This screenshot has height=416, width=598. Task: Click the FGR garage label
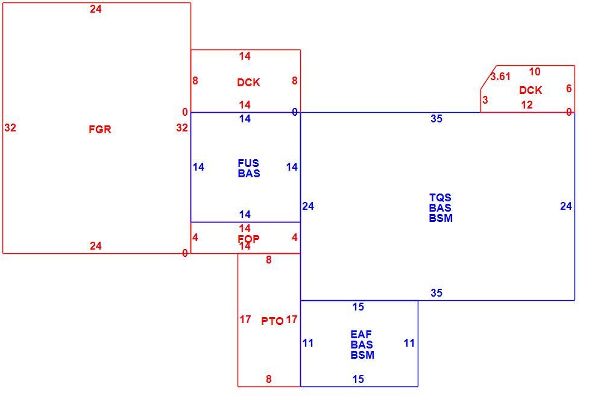[100, 130]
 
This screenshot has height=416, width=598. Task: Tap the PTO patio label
[272, 321]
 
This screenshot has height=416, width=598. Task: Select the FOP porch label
[248, 239]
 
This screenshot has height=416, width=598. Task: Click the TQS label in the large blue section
[440, 198]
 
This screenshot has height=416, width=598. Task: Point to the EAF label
[361, 335]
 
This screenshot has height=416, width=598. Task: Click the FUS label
[248, 163]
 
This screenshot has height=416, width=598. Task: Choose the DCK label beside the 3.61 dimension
[530, 90]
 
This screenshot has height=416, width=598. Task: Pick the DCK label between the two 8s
[248, 83]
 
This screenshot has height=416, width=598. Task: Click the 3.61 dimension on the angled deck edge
[500, 77]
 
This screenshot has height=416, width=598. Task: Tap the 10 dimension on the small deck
[535, 72]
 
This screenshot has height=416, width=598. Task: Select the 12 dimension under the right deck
[527, 105]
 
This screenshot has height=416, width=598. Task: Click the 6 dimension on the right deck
[568, 89]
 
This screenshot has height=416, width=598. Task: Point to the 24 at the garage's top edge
[96, 9]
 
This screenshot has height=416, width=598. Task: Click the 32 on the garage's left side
[10, 128]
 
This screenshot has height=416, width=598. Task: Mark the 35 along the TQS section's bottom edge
[436, 293]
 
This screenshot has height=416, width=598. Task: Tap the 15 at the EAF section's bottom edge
[358, 379]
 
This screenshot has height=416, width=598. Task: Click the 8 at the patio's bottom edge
[269, 379]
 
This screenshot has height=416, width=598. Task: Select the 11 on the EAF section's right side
[409, 343]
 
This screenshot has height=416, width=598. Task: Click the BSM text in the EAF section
[362, 355]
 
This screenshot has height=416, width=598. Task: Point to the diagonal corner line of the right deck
[488, 77]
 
